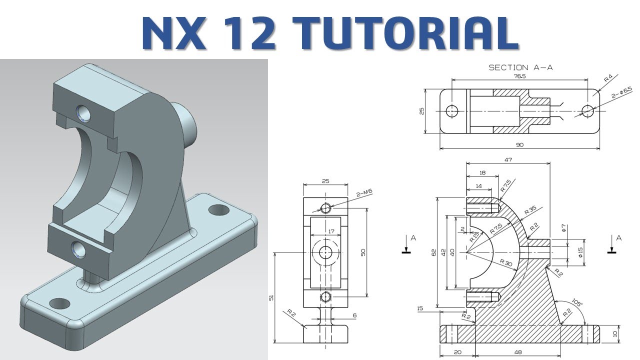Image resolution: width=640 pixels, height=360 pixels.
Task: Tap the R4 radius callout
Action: (x=608, y=78)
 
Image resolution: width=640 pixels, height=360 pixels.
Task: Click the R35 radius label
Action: (x=530, y=210)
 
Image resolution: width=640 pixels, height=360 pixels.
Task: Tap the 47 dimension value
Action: (x=508, y=159)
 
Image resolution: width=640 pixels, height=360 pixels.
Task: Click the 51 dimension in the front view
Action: (x=271, y=297)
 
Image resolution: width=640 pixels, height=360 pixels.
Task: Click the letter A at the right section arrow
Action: (x=618, y=238)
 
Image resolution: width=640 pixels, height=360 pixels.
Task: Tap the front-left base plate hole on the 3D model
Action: (x=60, y=303)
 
